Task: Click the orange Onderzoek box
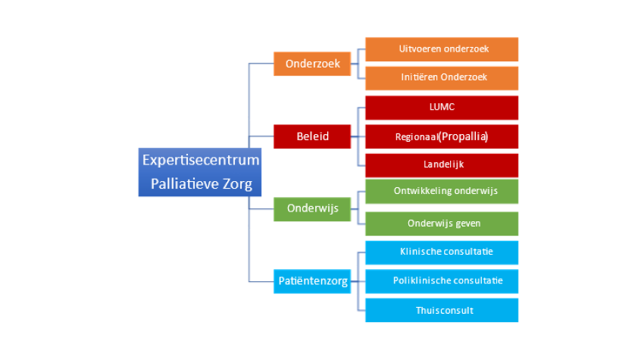point(312,64)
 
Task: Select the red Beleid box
point(312,137)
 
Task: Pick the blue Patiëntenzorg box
point(312,281)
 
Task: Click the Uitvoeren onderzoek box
point(442,49)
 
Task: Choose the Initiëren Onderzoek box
point(442,77)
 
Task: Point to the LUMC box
point(442,107)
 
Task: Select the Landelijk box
point(442,164)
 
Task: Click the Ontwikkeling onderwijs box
point(442,191)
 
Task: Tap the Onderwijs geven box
point(442,224)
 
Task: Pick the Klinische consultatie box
point(442,252)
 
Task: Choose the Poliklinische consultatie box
point(442,280)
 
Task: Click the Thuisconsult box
point(442,310)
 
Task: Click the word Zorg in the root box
point(236,183)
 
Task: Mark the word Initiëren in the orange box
point(418,77)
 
